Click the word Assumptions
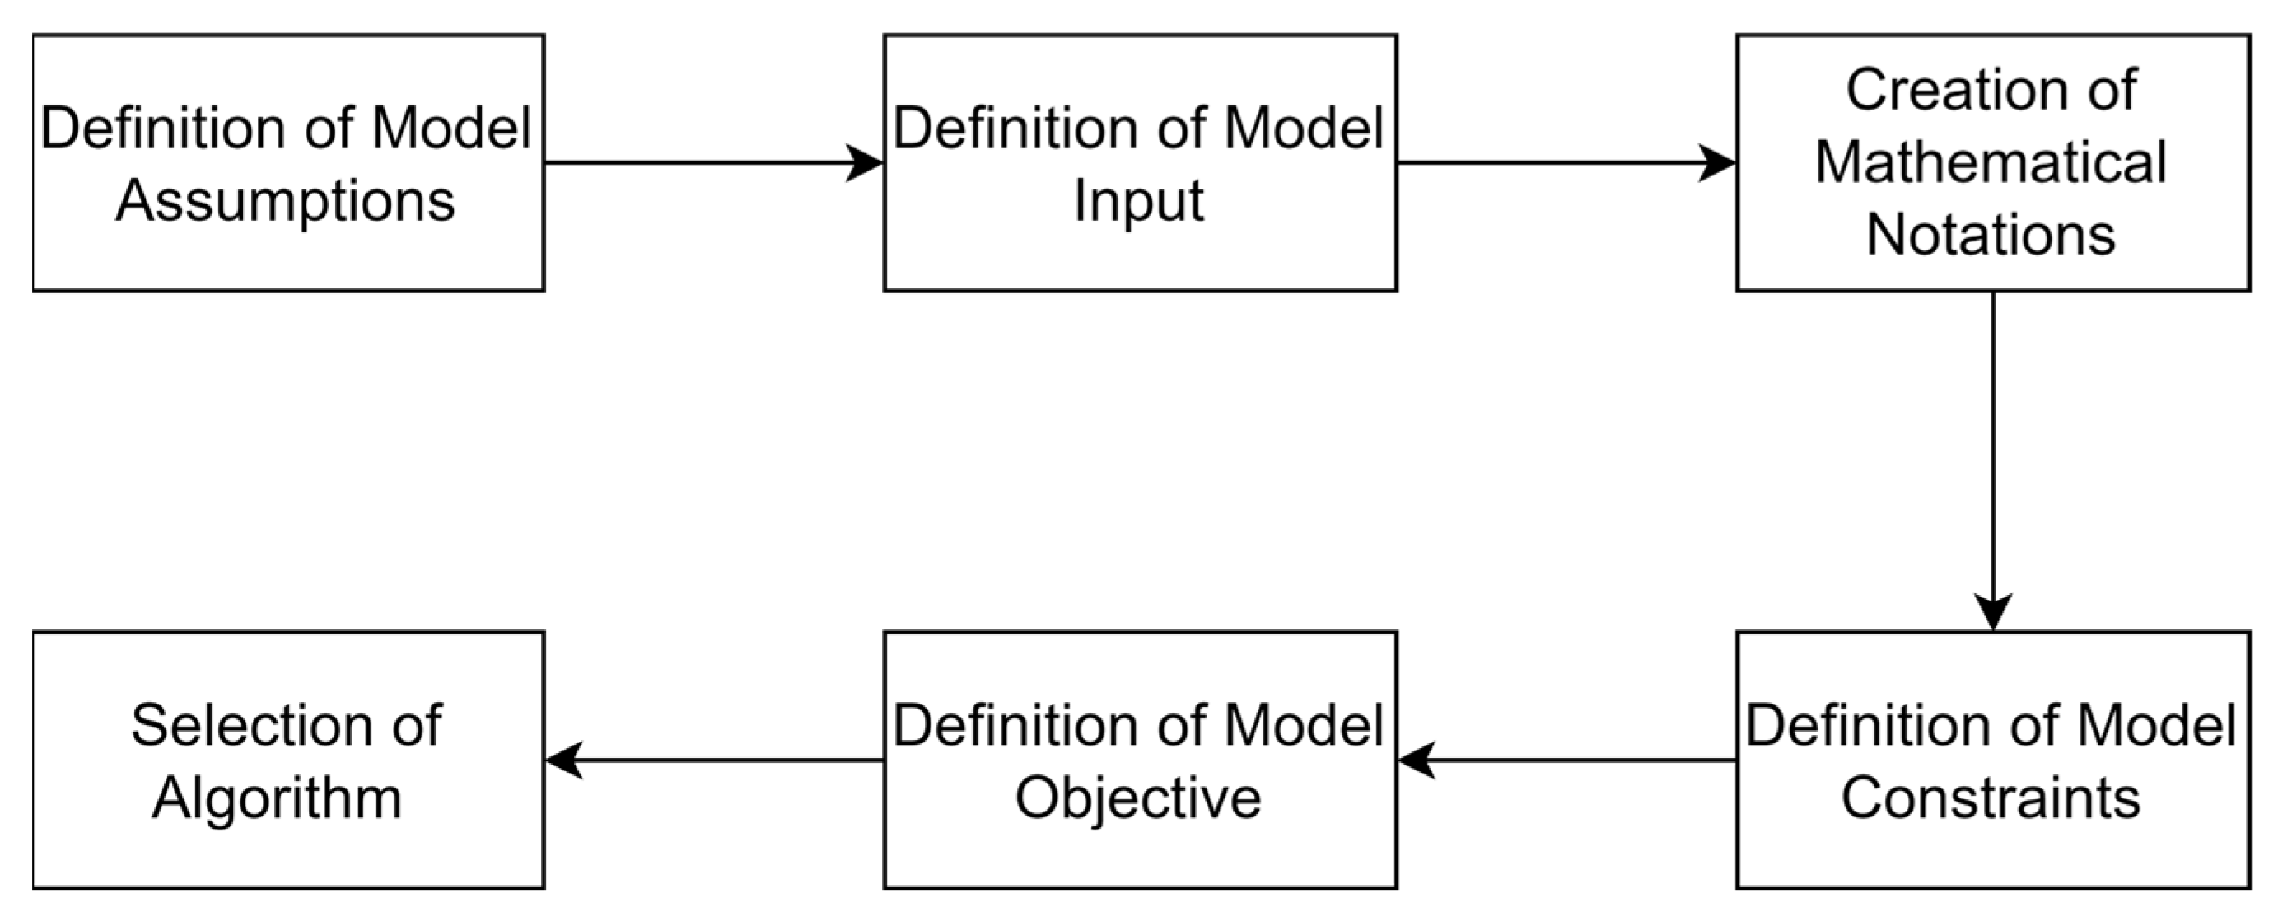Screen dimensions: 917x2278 (x=285, y=202)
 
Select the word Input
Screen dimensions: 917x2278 (x=1138, y=202)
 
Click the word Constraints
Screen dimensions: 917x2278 (x=1991, y=798)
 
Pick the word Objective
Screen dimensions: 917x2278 (x=1138, y=798)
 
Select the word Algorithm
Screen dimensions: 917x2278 (x=277, y=798)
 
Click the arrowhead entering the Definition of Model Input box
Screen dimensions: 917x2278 (x=864, y=162)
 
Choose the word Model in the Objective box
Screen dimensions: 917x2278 (x=1304, y=726)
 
